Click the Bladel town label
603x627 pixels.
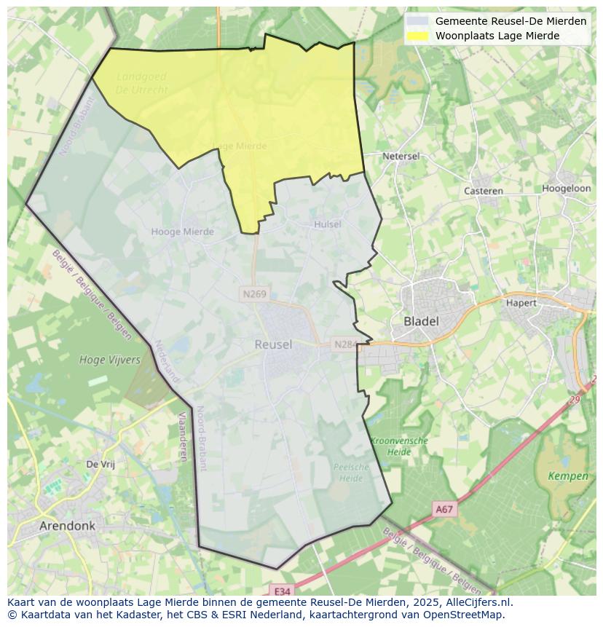tap(421, 321)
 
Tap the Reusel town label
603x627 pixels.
tap(273, 344)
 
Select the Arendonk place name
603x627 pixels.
tap(67, 526)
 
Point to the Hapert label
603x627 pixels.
tap(521, 303)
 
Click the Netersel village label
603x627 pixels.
tap(401, 157)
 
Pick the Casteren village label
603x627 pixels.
tap(484, 191)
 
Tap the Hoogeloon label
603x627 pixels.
tap(566, 188)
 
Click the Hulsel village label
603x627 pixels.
tap(327, 224)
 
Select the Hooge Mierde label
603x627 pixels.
tap(182, 232)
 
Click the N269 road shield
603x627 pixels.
tap(254, 294)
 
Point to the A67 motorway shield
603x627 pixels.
tap(444, 510)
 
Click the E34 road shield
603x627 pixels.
tap(281, 591)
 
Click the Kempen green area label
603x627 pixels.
tap(568, 476)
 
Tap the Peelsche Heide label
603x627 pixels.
tap(350, 473)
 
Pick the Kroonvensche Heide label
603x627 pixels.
tap(399, 446)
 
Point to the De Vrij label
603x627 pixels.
tap(100, 464)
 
